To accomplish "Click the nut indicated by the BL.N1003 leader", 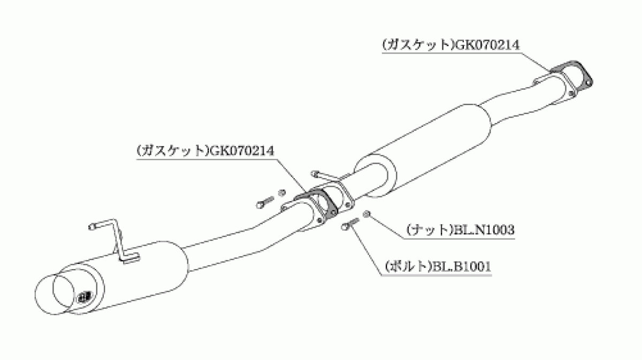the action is click(x=366, y=214).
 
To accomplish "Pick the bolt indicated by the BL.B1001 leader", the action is click(x=350, y=224).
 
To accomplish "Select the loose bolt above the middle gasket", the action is click(x=265, y=202).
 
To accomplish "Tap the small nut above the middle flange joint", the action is click(x=282, y=193).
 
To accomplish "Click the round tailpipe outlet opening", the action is click(x=55, y=294).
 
